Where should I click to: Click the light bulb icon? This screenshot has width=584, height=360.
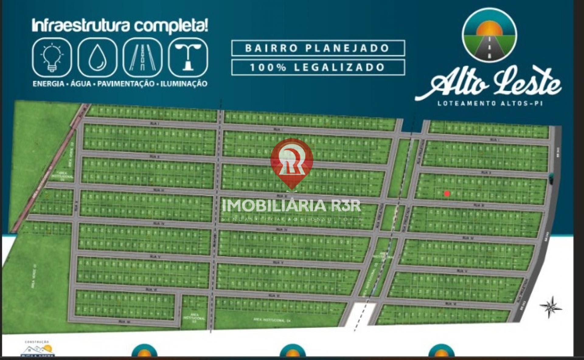pos(52,57)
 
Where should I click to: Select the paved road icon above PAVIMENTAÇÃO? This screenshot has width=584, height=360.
pos(142,57)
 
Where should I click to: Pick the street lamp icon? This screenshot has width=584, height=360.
pos(188,57)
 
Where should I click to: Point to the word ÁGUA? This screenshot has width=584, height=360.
pos(81,84)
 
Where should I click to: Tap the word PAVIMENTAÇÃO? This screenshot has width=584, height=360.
pos(126,84)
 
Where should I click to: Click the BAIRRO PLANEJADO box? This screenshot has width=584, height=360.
pos(318,48)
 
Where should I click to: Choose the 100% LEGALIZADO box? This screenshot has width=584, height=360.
pos(318,67)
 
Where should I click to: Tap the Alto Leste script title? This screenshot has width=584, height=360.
pos(488,85)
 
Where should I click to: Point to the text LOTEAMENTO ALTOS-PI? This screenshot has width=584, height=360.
pos(490,103)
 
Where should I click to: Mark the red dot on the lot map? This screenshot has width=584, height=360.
pos(447,193)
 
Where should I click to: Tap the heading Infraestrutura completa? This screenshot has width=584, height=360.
pos(120,26)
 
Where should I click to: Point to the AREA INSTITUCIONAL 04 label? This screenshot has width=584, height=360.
pos(270,320)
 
